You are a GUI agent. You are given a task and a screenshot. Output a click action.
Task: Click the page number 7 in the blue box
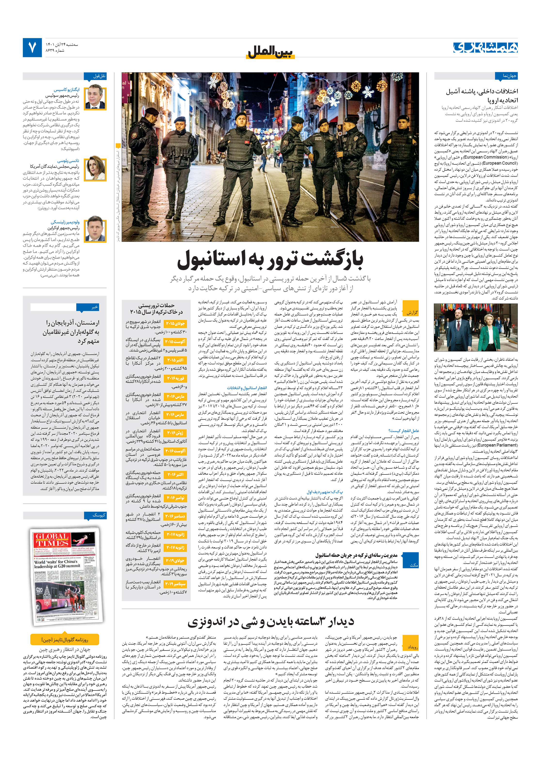[32, 48]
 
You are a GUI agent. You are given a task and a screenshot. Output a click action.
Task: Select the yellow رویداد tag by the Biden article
[411, 647]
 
